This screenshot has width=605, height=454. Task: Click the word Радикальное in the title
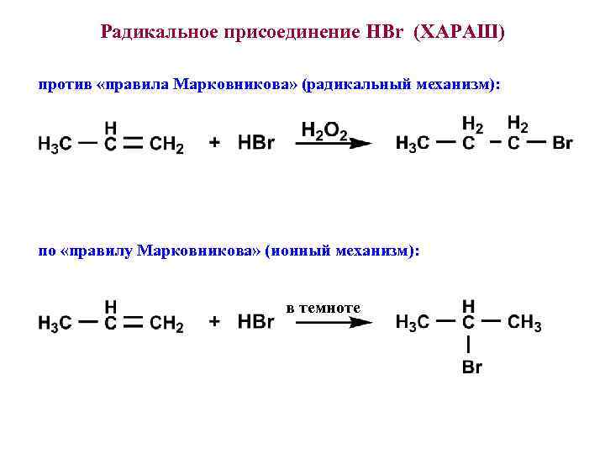coord(155,33)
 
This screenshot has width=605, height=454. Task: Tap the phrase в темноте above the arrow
coord(324,308)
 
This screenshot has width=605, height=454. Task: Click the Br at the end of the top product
coord(562,144)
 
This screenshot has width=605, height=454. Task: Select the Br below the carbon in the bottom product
coord(471,367)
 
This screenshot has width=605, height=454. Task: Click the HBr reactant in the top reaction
coord(256,144)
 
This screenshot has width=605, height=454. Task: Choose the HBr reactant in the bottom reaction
coord(256,322)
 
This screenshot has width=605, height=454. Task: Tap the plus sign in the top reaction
coord(215,144)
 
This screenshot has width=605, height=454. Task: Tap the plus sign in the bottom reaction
coord(215,322)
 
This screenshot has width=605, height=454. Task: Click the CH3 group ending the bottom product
coord(525,322)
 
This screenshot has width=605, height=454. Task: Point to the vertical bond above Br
coord(468,345)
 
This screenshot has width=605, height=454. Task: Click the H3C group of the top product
coord(413,144)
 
